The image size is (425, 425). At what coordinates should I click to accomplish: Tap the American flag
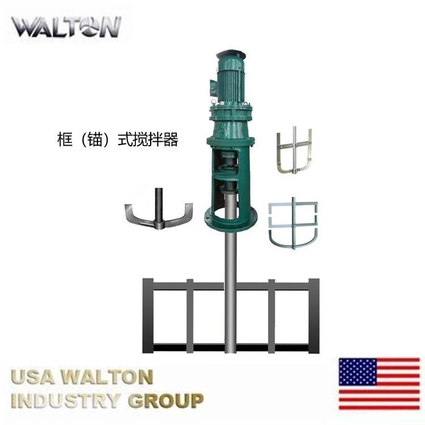point(380,384)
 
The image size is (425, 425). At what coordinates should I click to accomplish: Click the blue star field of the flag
point(358,371)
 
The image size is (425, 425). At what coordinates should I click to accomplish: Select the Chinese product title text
point(118,139)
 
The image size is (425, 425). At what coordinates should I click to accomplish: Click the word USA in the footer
point(32,377)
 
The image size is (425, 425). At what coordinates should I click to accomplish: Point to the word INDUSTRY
point(65,401)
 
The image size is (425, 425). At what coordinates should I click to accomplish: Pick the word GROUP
point(166,401)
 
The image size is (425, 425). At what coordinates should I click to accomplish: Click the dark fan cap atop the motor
point(231,56)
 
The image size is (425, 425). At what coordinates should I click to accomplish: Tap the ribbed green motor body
point(231,83)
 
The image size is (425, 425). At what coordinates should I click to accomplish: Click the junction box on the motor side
point(213,87)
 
